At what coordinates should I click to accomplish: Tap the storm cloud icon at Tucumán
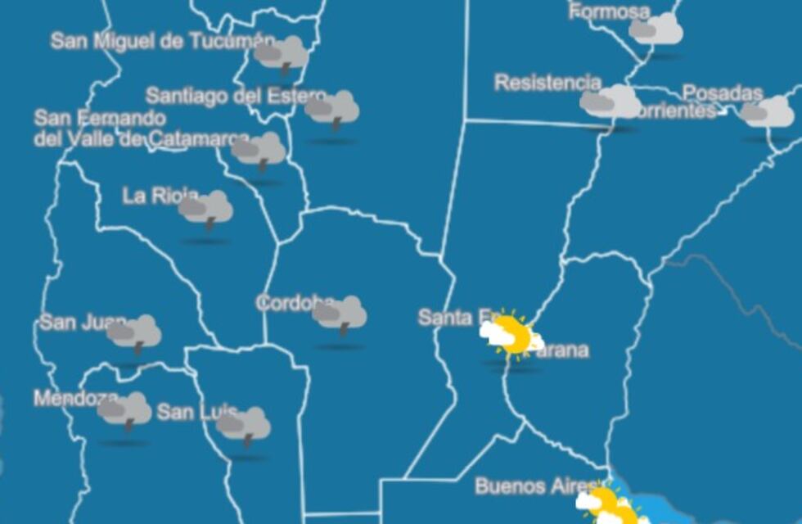tap(282, 55)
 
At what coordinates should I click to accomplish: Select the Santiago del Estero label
tap(236, 97)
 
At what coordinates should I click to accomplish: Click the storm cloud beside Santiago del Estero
tap(332, 109)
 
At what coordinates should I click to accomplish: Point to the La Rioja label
tap(160, 196)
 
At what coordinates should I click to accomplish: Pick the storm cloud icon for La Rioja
tap(206, 210)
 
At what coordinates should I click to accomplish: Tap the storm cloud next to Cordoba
tap(340, 314)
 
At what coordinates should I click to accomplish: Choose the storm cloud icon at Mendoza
tap(125, 410)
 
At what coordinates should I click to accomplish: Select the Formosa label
tap(609, 11)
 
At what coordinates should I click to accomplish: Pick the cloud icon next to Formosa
tap(656, 30)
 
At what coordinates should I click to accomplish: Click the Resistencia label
tap(547, 83)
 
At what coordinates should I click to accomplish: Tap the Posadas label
tap(722, 93)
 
